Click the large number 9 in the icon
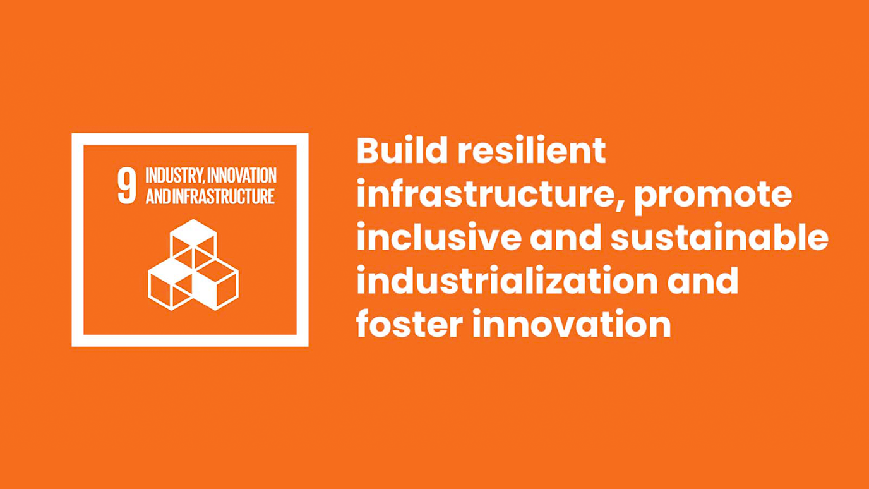pyautogui.click(x=127, y=186)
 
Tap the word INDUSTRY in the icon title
pyautogui.click(x=174, y=176)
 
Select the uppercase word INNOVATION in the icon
pyautogui.click(x=242, y=176)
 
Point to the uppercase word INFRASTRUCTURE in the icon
pyautogui.click(x=224, y=196)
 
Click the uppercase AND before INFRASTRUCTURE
pyautogui.click(x=158, y=196)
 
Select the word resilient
pyautogui.click(x=532, y=150)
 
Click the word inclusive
pyautogui.click(x=439, y=237)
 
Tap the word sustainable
pyautogui.click(x=720, y=237)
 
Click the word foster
pyautogui.click(x=409, y=323)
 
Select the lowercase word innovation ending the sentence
pyautogui.click(x=572, y=323)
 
